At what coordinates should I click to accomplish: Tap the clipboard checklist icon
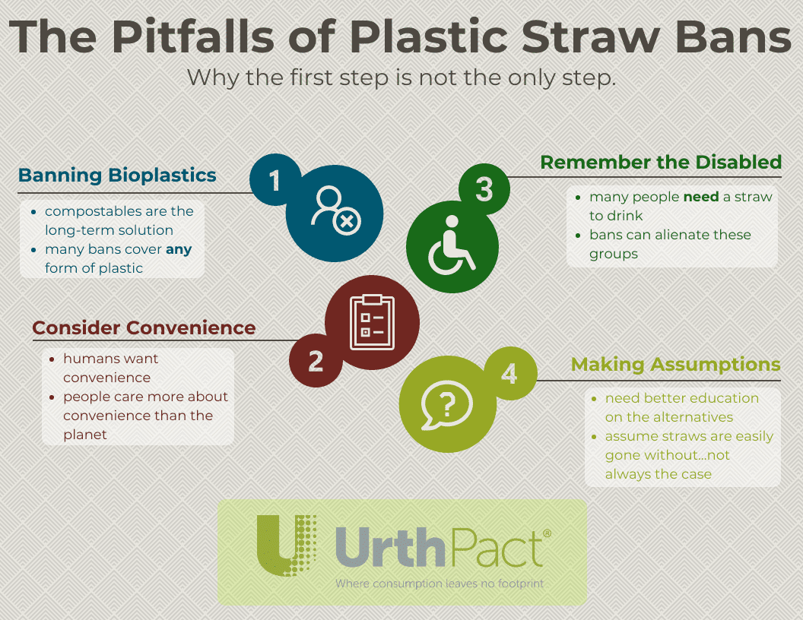[x=373, y=322]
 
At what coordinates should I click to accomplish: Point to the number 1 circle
[x=275, y=179]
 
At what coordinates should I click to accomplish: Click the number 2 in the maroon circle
[x=316, y=361]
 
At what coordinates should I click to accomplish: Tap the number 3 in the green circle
[x=484, y=189]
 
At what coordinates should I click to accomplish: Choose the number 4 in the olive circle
[x=509, y=373]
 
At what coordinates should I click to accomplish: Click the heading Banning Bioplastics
[x=117, y=175]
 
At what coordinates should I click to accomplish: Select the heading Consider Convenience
[x=144, y=327]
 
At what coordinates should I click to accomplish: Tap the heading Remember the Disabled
[x=661, y=162]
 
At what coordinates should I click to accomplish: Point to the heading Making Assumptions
[x=675, y=364]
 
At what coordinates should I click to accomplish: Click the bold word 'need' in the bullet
[x=701, y=197]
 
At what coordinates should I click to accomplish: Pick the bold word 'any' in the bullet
[x=179, y=250]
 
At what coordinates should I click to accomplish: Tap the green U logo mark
[x=285, y=545]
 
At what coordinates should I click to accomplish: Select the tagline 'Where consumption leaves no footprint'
[x=440, y=584]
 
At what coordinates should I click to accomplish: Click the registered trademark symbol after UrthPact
[x=547, y=533]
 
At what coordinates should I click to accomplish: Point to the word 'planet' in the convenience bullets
[x=85, y=435]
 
